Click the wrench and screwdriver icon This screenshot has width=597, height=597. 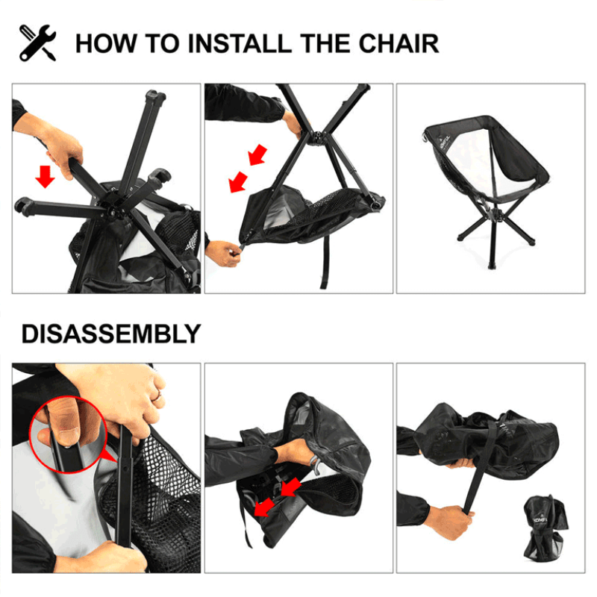coord(38,43)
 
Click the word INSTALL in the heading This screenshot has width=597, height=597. coord(240,43)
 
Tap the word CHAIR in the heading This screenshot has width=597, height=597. coord(398,43)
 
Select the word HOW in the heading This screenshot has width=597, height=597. coord(106,43)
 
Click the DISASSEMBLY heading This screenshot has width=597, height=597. coord(111,334)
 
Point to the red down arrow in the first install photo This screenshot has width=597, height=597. coord(45,177)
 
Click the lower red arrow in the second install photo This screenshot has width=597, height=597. coord(238,182)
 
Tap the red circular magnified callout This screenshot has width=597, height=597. coord(68,434)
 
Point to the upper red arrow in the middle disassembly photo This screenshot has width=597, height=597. coord(291,488)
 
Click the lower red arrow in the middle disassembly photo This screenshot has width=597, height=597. coord(264,507)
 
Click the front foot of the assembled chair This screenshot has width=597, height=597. coord(493,265)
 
